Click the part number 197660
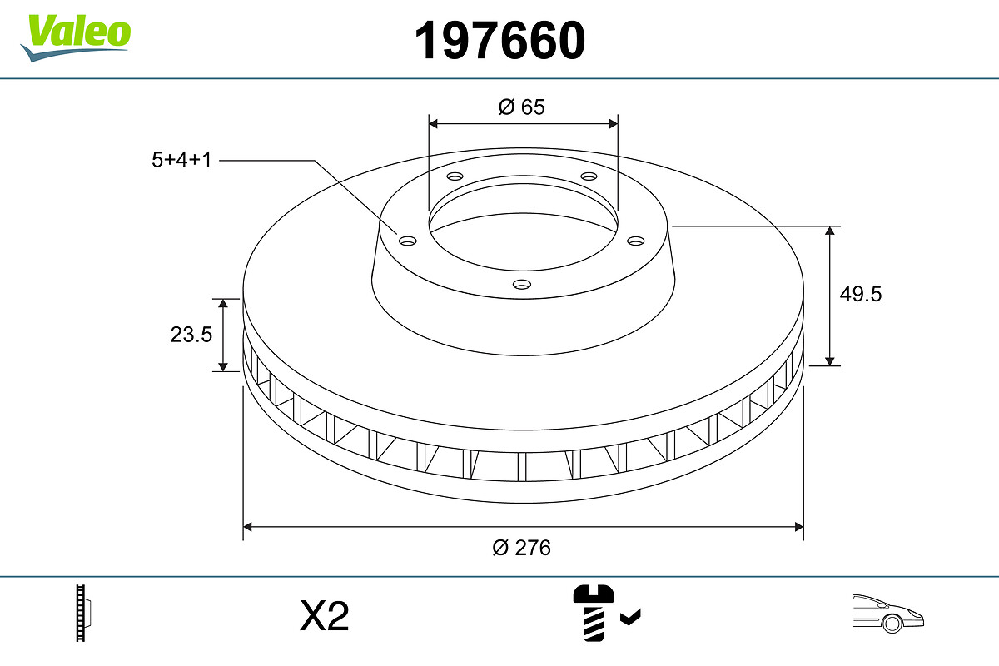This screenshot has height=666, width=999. (500, 40)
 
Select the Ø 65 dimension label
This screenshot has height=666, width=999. (522, 107)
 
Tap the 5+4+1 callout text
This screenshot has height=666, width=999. (181, 160)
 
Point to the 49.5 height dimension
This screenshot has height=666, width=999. (862, 294)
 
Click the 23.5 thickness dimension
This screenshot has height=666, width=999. (191, 335)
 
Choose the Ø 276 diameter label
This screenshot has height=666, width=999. (522, 548)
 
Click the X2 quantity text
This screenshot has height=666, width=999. (324, 617)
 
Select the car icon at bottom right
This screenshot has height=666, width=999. (887, 613)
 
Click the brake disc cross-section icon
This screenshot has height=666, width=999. (84, 613)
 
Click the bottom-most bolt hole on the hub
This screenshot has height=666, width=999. (522, 285)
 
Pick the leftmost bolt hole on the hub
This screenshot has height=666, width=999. (407, 241)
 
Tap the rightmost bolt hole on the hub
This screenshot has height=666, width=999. (636, 241)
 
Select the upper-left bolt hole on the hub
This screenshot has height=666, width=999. (455, 176)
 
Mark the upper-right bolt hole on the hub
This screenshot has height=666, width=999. (589, 176)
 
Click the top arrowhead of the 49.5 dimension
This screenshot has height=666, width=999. (830, 231)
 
